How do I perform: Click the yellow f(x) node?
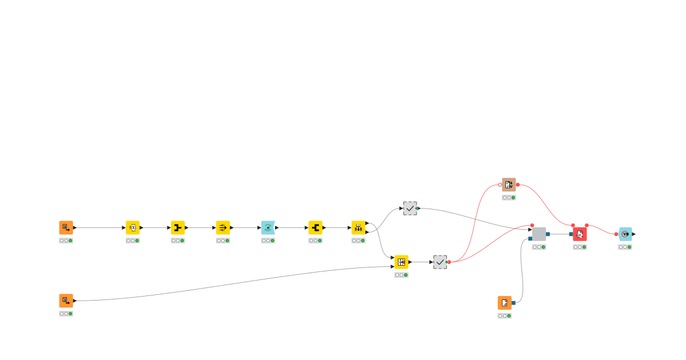[133, 227]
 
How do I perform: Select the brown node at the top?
[509, 185]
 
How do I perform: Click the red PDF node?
[580, 234]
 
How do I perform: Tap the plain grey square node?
[539, 234]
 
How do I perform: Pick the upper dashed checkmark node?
[410, 208]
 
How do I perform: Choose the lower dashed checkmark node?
[440, 262]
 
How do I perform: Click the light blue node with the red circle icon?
[625, 234]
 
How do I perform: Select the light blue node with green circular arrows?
[268, 227]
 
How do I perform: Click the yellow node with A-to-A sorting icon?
[358, 227]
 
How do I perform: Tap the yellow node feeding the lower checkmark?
[401, 262]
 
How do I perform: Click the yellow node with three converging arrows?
[223, 227]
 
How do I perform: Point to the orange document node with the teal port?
[505, 303]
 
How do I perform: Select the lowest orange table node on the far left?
[66, 301]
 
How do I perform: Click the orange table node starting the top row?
[66, 227]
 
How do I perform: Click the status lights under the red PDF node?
[580, 247]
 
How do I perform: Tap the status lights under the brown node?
[509, 198]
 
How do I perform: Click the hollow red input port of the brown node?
[500, 185]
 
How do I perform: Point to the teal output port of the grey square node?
[548, 234]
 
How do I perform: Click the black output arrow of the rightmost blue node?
[634, 234]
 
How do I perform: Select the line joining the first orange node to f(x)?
[100, 227]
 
